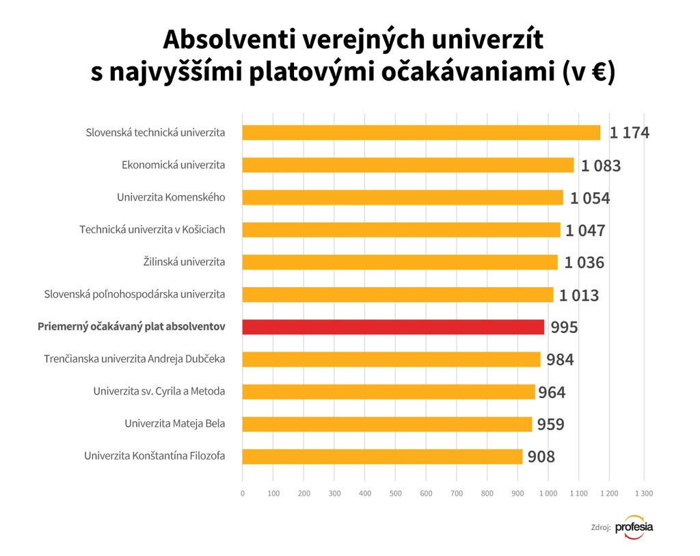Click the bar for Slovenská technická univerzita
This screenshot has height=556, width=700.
421,133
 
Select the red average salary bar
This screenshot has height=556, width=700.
393,327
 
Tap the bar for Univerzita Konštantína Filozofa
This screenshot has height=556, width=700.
382,456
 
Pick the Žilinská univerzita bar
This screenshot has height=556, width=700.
400,262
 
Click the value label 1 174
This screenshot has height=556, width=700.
629,133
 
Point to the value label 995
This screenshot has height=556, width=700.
564,328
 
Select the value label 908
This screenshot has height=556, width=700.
541,457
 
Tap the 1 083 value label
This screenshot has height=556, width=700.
601,166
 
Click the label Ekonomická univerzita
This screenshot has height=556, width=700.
173,165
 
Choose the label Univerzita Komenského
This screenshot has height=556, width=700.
171,198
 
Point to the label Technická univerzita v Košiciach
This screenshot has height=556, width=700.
152,230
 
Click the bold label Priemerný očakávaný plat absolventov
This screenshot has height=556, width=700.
131,327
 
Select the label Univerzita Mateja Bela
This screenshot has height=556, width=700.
174,424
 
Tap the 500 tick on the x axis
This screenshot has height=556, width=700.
395,493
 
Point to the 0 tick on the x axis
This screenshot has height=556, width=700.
243,493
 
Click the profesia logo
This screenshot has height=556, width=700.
634,527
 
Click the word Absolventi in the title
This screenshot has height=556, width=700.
215,40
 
